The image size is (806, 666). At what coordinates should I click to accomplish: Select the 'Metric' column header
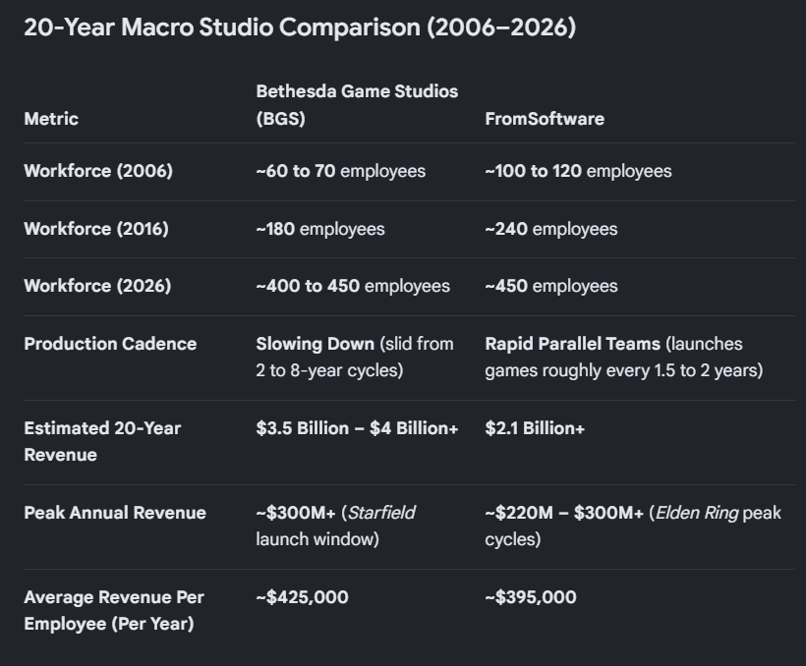(x=51, y=119)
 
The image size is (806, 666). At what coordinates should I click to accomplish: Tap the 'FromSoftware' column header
(x=545, y=119)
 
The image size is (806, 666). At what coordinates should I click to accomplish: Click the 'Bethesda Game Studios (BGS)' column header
(x=357, y=105)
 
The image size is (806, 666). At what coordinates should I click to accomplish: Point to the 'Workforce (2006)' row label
(x=98, y=171)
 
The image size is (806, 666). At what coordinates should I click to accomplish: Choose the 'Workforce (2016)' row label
(x=96, y=229)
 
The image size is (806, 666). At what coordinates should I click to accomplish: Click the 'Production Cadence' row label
(x=110, y=344)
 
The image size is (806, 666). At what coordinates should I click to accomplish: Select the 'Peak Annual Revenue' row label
(x=115, y=513)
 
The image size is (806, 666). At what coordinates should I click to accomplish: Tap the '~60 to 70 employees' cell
(x=340, y=171)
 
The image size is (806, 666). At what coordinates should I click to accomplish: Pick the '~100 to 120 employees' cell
(x=578, y=171)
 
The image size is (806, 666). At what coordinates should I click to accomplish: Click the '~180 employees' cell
(x=320, y=229)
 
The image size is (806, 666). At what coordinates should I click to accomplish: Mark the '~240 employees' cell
(x=551, y=229)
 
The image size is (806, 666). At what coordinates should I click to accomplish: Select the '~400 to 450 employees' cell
(x=353, y=286)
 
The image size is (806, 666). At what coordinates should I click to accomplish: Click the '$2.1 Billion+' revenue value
(x=535, y=428)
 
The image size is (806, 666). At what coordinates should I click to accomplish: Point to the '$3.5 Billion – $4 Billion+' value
(x=357, y=428)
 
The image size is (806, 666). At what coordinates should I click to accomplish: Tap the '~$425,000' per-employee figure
(x=303, y=597)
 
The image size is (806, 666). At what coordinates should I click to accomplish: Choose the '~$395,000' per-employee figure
(x=531, y=597)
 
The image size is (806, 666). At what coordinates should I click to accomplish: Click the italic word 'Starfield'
(x=381, y=513)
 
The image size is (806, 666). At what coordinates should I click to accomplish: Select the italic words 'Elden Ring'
(x=697, y=513)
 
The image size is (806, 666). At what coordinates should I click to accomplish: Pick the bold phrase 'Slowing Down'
(x=316, y=344)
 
